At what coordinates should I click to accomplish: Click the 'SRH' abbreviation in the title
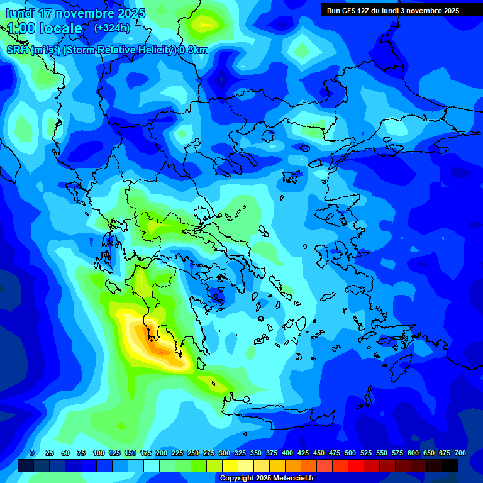pos(17,50)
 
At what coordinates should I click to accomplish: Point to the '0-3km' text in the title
pos(193,50)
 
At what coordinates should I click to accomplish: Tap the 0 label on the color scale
pos(32,453)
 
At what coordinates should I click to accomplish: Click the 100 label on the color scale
pos(99,453)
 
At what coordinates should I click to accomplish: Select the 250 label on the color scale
pos(193,453)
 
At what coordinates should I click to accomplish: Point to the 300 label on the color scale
pos(225,453)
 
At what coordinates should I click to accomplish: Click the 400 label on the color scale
pos(287,453)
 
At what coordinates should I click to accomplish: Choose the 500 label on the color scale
pos(350,453)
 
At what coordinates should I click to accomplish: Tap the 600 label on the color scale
pos(413,453)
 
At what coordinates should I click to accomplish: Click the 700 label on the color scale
pos(460,453)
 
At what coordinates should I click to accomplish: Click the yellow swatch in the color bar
pos(230,465)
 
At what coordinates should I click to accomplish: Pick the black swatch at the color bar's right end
pos(450,465)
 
